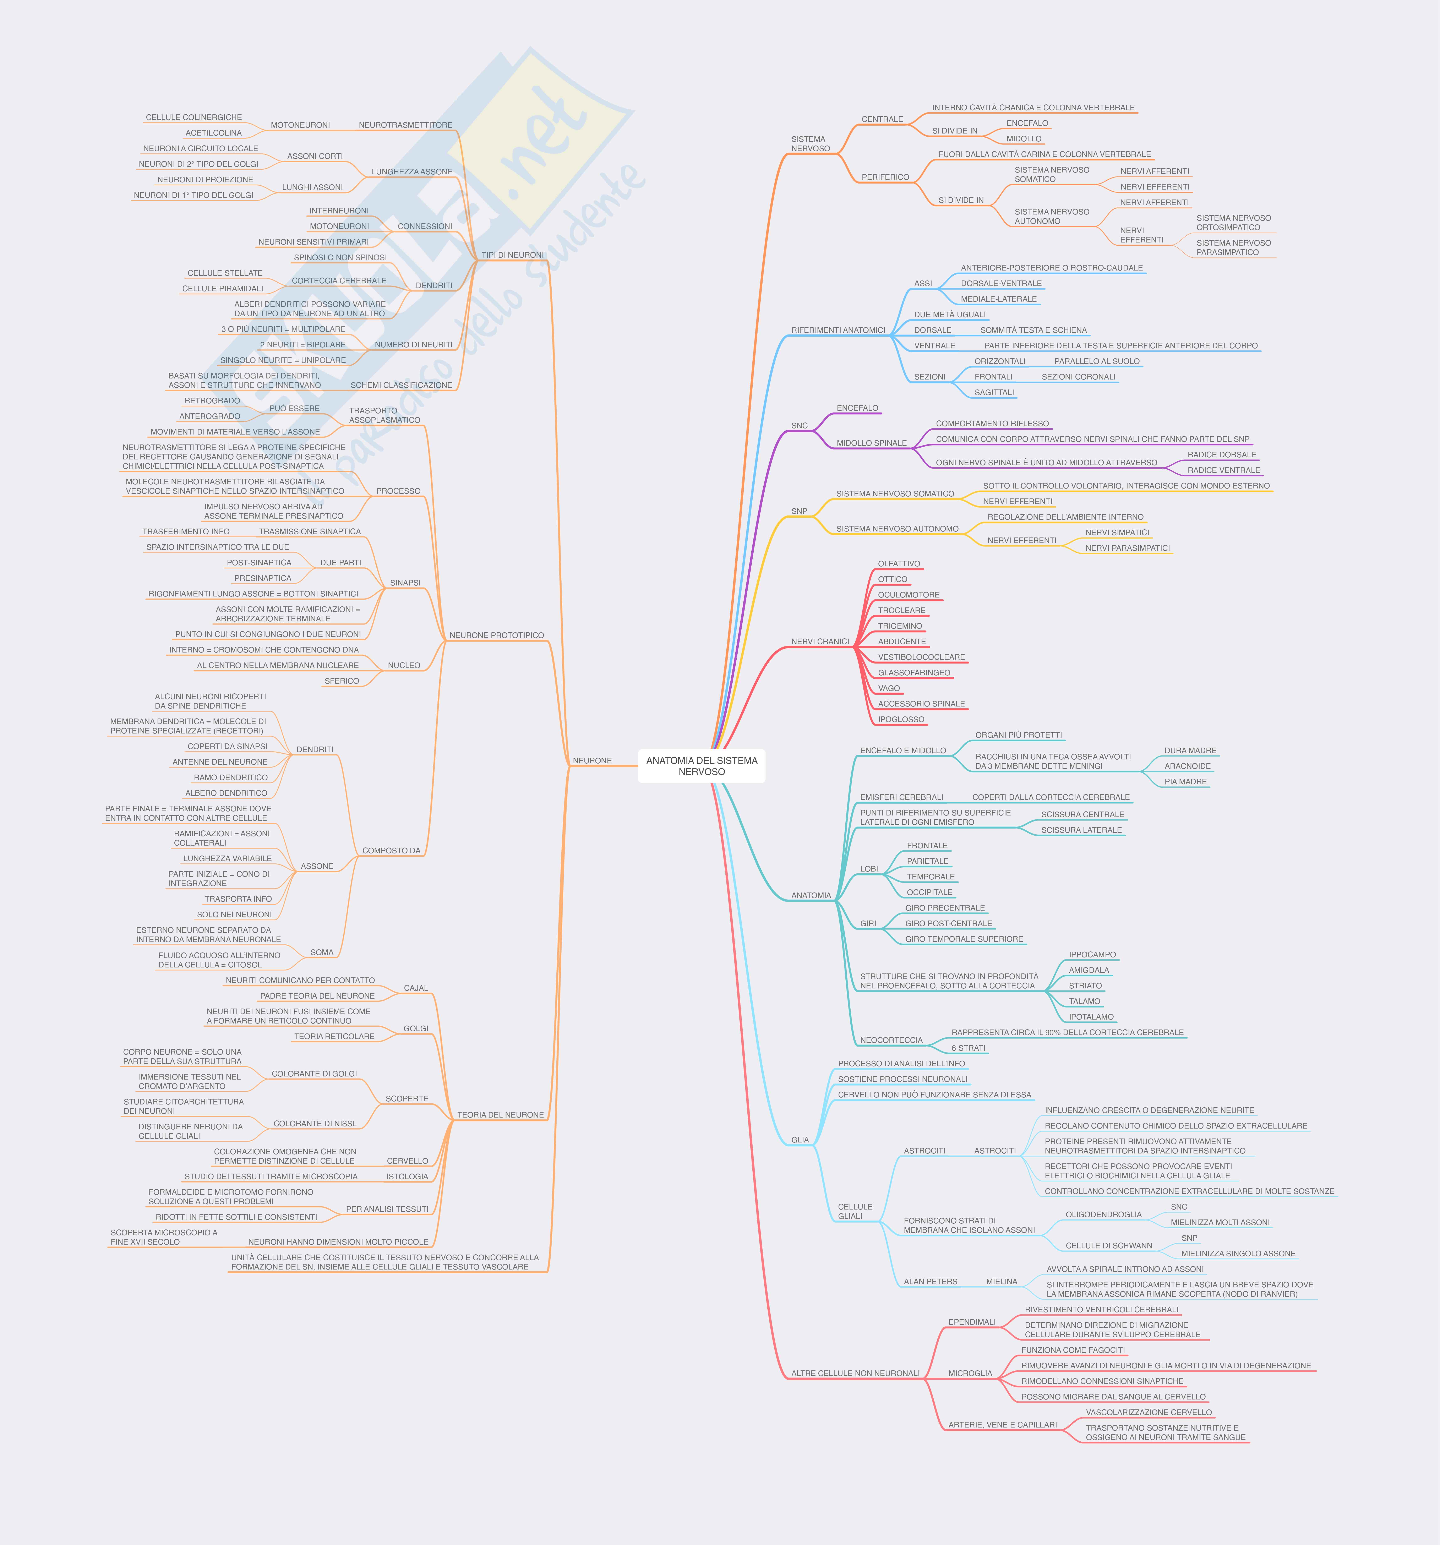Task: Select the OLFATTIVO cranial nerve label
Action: tap(899, 563)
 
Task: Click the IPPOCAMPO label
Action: tap(1092, 954)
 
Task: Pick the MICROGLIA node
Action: tap(970, 1373)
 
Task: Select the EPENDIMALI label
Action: tap(971, 1322)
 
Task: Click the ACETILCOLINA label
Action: tap(214, 133)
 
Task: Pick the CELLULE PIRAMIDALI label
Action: tap(222, 288)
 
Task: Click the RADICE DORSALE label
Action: tap(1222, 455)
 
